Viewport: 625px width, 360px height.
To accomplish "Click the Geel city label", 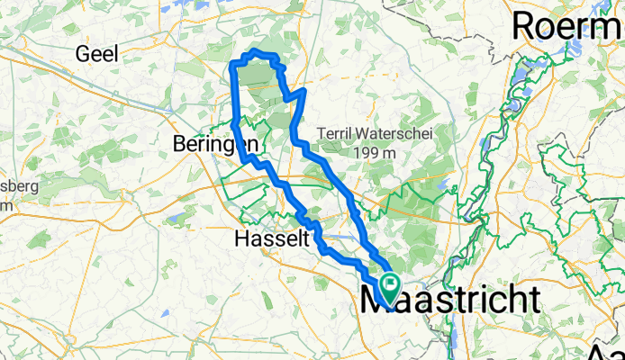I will point(98,54).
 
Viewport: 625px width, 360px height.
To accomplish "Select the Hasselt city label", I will point(271,239).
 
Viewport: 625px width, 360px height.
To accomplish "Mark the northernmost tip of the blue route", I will point(257,51).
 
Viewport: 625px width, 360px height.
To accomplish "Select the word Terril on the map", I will point(334,134).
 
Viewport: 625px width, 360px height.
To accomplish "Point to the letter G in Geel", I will point(84,54).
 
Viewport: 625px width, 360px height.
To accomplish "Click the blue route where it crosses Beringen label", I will point(240,144).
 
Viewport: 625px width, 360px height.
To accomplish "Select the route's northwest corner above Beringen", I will point(236,63).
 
